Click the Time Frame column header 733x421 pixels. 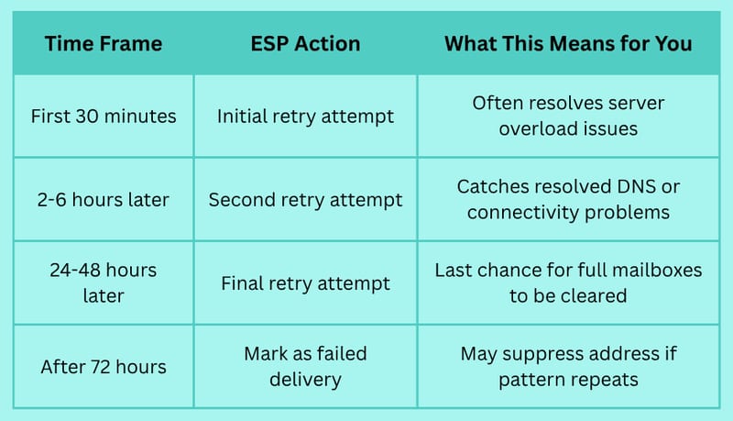tap(104, 43)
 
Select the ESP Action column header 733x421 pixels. tap(305, 43)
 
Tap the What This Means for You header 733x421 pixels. tap(568, 43)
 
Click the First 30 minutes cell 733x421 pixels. tap(104, 116)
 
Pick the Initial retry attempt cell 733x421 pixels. tap(305, 116)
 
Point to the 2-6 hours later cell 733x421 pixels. tap(104, 200)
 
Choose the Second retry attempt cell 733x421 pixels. tap(305, 200)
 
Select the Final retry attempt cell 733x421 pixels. tap(305, 283)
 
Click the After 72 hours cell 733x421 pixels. tap(104, 367)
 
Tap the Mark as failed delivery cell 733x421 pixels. tap(305, 367)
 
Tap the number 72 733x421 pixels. tap(101, 367)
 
